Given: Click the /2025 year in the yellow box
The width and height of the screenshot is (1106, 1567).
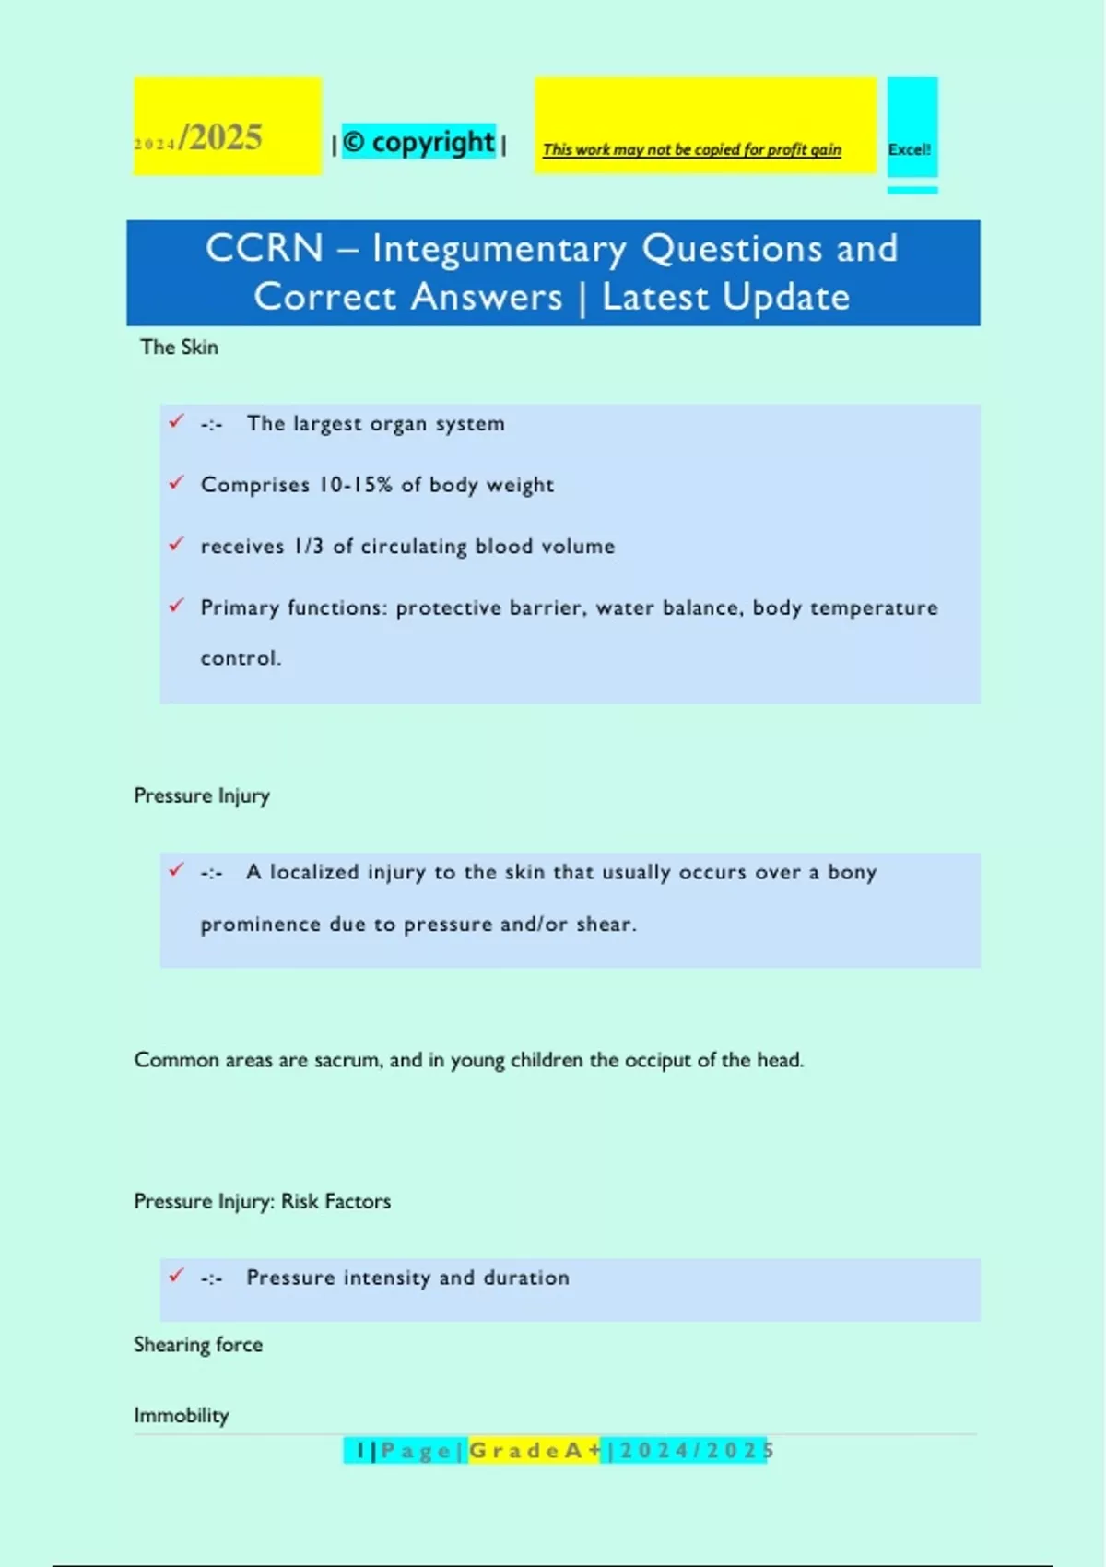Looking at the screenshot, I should click(x=221, y=137).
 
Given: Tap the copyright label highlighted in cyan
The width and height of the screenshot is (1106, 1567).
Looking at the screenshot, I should click(x=419, y=142).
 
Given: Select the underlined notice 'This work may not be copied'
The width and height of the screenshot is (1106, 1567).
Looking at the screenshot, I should click(x=691, y=149).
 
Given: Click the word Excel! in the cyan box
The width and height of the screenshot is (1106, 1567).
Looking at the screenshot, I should click(x=910, y=149).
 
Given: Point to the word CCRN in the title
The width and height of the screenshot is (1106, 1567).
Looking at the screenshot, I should click(x=265, y=248).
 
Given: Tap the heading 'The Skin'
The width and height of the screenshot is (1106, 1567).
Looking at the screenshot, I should click(x=179, y=348).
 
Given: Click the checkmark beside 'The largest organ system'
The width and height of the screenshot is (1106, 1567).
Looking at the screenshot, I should click(x=176, y=421).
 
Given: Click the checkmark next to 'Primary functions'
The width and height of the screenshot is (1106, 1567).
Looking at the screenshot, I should click(x=176, y=606).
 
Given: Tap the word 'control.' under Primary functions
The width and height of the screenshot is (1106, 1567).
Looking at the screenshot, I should click(x=241, y=658).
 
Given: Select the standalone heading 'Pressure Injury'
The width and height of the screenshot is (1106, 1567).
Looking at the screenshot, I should click(x=202, y=795).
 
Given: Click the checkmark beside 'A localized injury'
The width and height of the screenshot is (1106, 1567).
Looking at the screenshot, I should click(x=176, y=869).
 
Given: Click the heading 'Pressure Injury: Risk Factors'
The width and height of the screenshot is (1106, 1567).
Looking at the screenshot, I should click(x=262, y=1201).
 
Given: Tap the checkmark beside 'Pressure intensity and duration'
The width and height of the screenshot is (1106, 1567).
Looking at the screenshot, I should click(x=176, y=1275).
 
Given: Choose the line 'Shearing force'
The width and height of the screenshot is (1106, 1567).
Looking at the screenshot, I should click(x=198, y=1345).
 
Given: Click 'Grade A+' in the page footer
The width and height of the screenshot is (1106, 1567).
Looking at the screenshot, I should click(x=535, y=1451).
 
